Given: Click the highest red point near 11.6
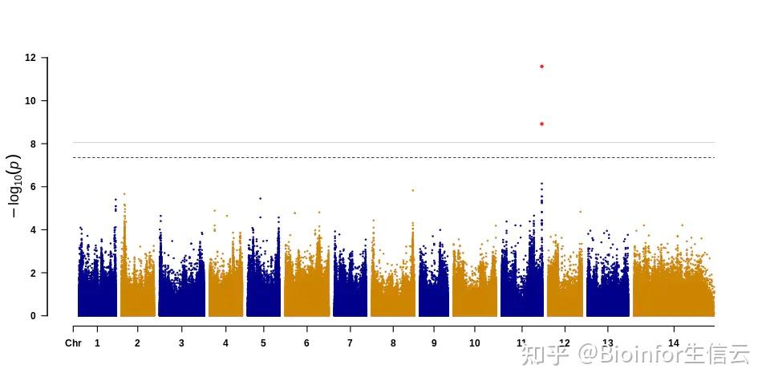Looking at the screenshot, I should pos(541,66).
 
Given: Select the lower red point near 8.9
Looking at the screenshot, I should pos(541,124).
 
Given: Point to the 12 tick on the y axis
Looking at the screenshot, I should pos(30,58).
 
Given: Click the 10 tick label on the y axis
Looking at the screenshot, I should pos(30,101).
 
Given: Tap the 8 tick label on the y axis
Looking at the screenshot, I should pos(33,144).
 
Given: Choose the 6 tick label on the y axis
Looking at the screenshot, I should pos(33,187).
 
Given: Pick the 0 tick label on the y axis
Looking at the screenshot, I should pos(33,316).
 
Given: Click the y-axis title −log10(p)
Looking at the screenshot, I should pos(14,186).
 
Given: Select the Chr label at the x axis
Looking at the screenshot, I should pos(73,343).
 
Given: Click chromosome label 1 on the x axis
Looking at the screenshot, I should pos(97,343).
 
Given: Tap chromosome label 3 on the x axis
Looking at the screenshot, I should pos(181,343).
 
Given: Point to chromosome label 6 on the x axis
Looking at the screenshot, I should pos(306,343).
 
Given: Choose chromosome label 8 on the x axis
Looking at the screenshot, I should pos(393,343).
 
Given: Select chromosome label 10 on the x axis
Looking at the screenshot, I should pos(475,343).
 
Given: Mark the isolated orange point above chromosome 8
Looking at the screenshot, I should pos(412,190).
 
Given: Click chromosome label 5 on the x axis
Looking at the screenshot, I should pos(263,343).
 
